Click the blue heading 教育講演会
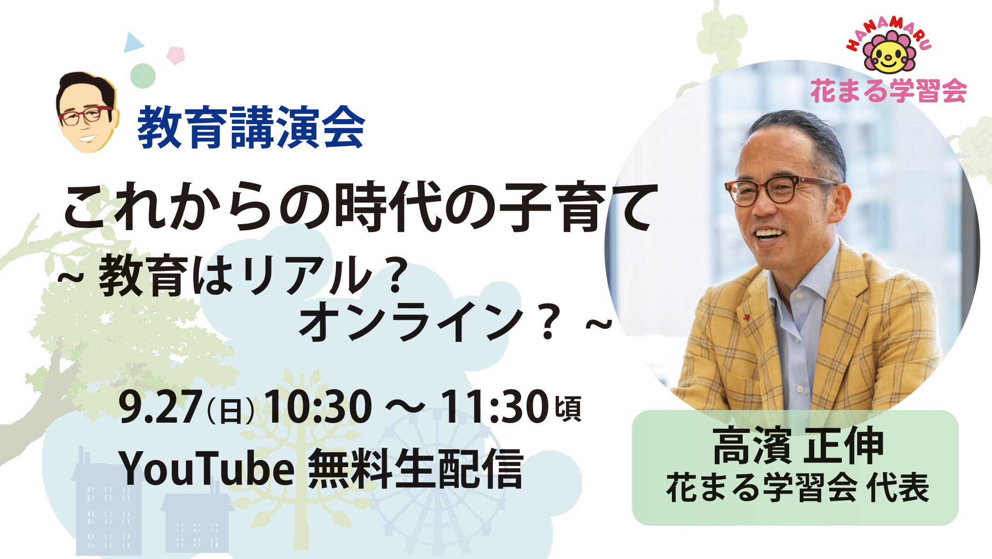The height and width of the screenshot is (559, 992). coord(251,127)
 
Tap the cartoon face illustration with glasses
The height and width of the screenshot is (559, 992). coord(86,113)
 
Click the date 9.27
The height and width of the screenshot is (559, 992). coord(161,407)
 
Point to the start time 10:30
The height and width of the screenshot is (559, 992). coord(318,407)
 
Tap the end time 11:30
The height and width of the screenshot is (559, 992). coord(494,407)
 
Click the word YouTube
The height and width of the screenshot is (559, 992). coord(207,469)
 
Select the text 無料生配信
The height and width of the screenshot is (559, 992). coord(416,469)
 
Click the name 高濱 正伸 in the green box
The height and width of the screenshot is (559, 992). coord(797,446)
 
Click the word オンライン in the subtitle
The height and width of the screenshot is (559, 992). coord(411,322)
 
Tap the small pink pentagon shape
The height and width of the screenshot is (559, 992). coord(176,55)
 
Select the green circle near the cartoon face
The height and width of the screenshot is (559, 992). coord(143,76)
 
